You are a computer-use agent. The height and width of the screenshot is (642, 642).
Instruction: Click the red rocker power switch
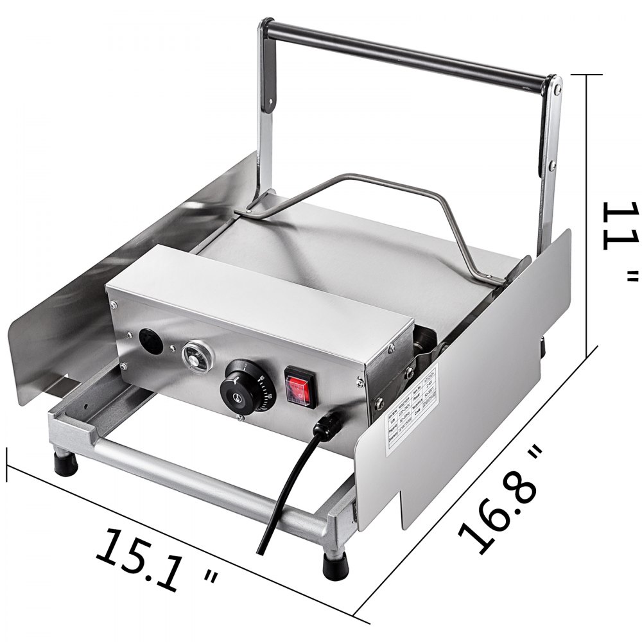point(301,387)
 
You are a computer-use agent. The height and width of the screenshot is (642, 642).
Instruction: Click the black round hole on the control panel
point(146,340)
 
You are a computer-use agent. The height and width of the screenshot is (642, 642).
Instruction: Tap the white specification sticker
point(412,411)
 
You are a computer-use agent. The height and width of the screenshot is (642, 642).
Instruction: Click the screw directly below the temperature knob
point(239,418)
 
